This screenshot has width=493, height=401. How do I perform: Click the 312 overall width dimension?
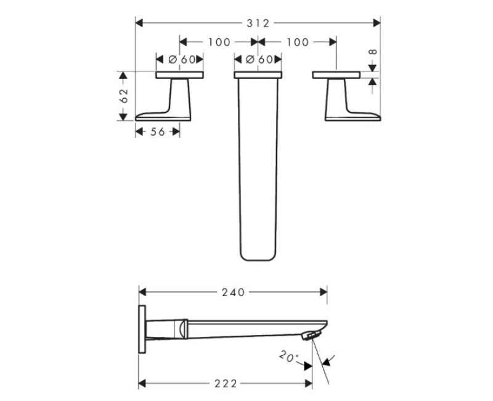[258, 23]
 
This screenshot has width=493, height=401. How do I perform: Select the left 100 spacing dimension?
[219, 42]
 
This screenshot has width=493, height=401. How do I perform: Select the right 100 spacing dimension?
[298, 42]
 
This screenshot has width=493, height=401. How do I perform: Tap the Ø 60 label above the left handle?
[181, 59]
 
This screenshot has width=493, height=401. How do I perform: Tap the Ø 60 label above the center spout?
[259, 59]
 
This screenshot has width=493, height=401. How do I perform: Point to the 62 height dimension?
[124, 96]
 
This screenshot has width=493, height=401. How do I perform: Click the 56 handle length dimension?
[158, 132]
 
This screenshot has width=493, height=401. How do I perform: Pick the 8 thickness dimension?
[373, 52]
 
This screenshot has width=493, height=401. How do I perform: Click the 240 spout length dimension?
[234, 292]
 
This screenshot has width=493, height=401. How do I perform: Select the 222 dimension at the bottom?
[226, 384]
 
